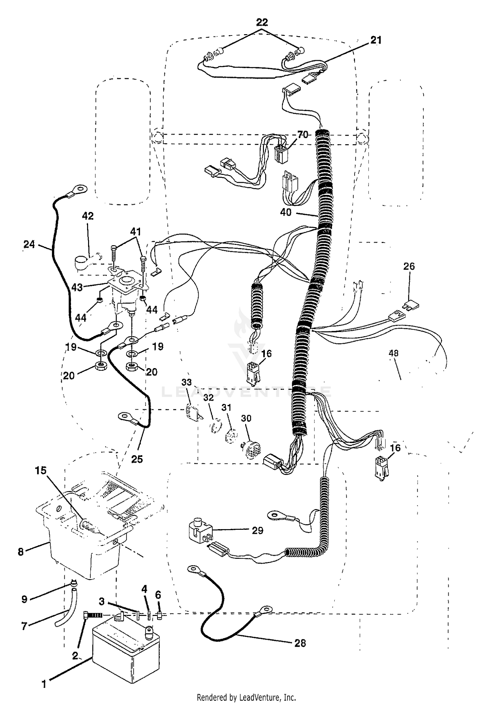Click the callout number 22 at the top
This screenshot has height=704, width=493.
point(262,22)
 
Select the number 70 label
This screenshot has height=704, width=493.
point(303,134)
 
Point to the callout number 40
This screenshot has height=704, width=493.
point(286,212)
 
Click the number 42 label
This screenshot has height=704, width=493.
point(88,216)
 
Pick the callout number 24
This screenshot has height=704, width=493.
point(29,244)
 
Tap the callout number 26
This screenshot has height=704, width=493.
point(409,266)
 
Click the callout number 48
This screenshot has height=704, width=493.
point(393,353)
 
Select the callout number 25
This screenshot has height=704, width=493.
point(137,459)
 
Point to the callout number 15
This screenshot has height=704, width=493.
point(41,471)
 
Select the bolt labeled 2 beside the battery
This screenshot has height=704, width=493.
point(93,615)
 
